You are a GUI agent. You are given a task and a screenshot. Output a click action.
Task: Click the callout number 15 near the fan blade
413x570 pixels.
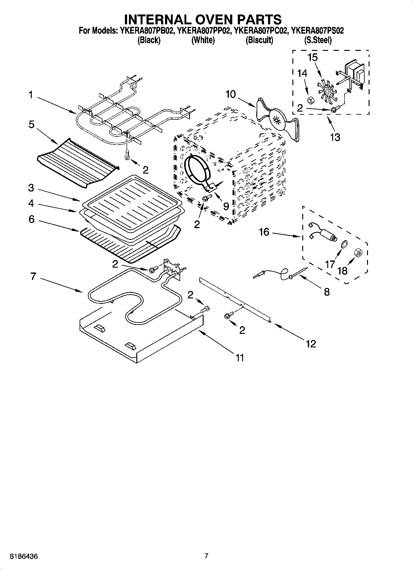pos(313,58)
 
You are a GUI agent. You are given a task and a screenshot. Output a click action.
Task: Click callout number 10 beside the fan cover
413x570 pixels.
pos(230,94)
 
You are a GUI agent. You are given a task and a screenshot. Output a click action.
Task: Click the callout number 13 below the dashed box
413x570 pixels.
pos(335,137)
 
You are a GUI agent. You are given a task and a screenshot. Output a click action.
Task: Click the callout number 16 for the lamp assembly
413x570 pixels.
pos(264,232)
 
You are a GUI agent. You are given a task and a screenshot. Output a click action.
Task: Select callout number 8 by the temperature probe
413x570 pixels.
pos(327,292)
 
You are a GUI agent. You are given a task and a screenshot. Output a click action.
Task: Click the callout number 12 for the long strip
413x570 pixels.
pos(311,343)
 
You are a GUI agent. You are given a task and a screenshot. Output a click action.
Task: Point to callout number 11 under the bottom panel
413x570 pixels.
pos(240,358)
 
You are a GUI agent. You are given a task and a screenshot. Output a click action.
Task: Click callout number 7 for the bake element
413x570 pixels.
pos(33,276)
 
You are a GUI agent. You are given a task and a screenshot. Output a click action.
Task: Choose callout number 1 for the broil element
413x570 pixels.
pos(31,95)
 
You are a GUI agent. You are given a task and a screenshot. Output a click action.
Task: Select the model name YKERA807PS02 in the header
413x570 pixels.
pos(317,31)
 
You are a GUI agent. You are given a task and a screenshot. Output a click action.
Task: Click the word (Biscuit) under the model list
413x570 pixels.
pos(259,40)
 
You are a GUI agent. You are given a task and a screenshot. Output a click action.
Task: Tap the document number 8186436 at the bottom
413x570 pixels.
pos(24,556)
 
